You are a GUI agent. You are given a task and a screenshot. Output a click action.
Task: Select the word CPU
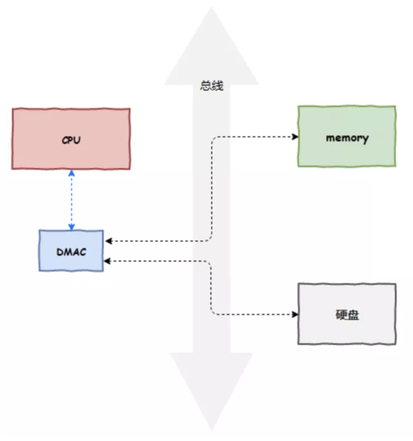point(71,140)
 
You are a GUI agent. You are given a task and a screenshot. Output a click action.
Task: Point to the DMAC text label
point(71,252)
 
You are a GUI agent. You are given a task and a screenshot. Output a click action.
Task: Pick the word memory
point(347,138)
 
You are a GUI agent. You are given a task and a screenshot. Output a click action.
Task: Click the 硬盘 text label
point(347,315)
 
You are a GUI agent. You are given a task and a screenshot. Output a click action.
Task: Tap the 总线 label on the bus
point(212,86)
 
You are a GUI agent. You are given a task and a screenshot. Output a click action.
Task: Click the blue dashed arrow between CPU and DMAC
point(71,200)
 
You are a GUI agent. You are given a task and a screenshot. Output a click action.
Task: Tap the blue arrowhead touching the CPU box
point(71,173)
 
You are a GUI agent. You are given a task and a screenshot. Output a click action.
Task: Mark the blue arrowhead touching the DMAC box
point(71,227)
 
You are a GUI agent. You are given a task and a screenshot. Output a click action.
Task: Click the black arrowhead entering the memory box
point(295,137)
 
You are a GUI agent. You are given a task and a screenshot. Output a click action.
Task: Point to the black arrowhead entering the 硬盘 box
point(295,314)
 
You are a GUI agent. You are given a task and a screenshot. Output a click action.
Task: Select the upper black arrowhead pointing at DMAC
point(109,241)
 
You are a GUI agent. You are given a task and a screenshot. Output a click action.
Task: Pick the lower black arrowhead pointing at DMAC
point(107,261)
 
